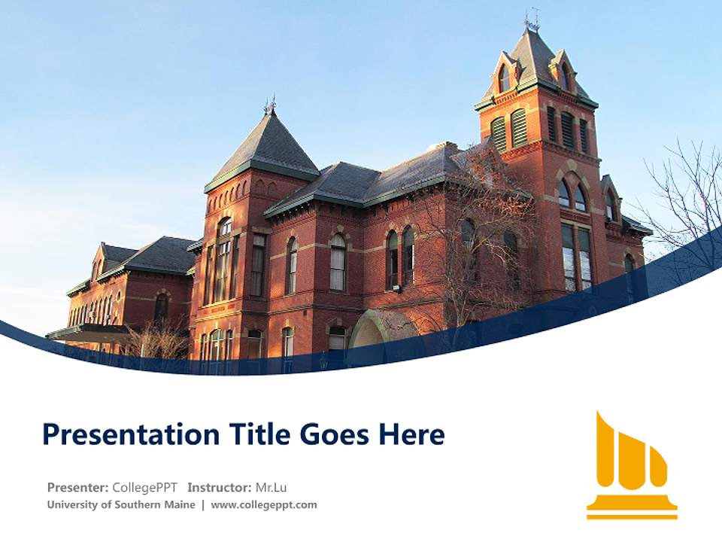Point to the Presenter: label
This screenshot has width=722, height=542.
tap(77, 487)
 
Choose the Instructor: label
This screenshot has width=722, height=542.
tap(219, 487)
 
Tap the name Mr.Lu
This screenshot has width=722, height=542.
tap(271, 487)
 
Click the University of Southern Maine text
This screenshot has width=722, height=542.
tap(120, 504)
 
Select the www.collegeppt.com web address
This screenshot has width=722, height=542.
tap(264, 504)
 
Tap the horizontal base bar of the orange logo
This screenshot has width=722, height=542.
tap(632, 515)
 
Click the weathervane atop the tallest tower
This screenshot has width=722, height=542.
tap(532, 18)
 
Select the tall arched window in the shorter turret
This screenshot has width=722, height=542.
tap(224, 260)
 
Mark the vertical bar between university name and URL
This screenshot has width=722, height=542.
tap(203, 504)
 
